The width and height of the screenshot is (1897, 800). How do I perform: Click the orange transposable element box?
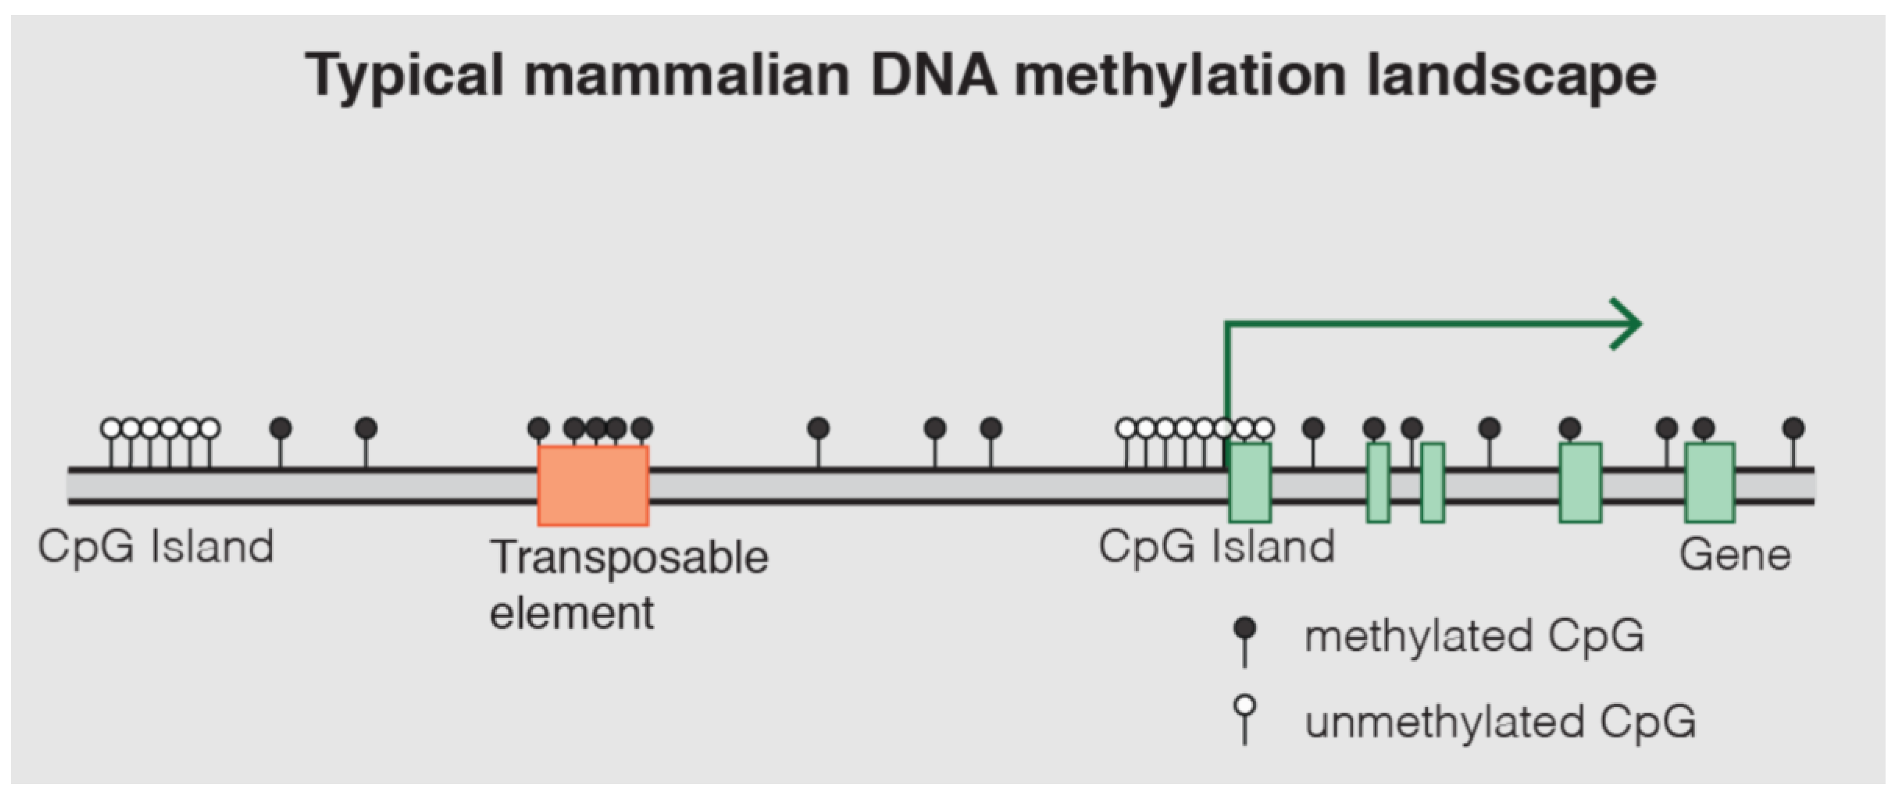593,485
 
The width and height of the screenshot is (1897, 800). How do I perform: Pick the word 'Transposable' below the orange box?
630,557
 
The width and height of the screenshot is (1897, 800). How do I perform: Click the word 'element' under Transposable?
571,613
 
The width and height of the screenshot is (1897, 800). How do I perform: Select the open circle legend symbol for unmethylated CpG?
1245,706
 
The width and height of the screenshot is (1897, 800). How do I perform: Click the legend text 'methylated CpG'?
1475,637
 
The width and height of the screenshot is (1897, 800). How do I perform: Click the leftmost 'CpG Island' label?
156,547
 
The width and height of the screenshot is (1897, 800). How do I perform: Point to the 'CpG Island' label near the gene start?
1216,547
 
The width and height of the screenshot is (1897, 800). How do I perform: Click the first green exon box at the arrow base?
1250,483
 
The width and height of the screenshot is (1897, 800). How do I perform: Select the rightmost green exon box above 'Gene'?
1710,483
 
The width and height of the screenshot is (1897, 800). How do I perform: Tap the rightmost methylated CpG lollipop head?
1793,428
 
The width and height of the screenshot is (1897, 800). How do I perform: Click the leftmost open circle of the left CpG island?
111,428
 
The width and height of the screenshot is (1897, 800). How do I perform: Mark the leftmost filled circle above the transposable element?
539,428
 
